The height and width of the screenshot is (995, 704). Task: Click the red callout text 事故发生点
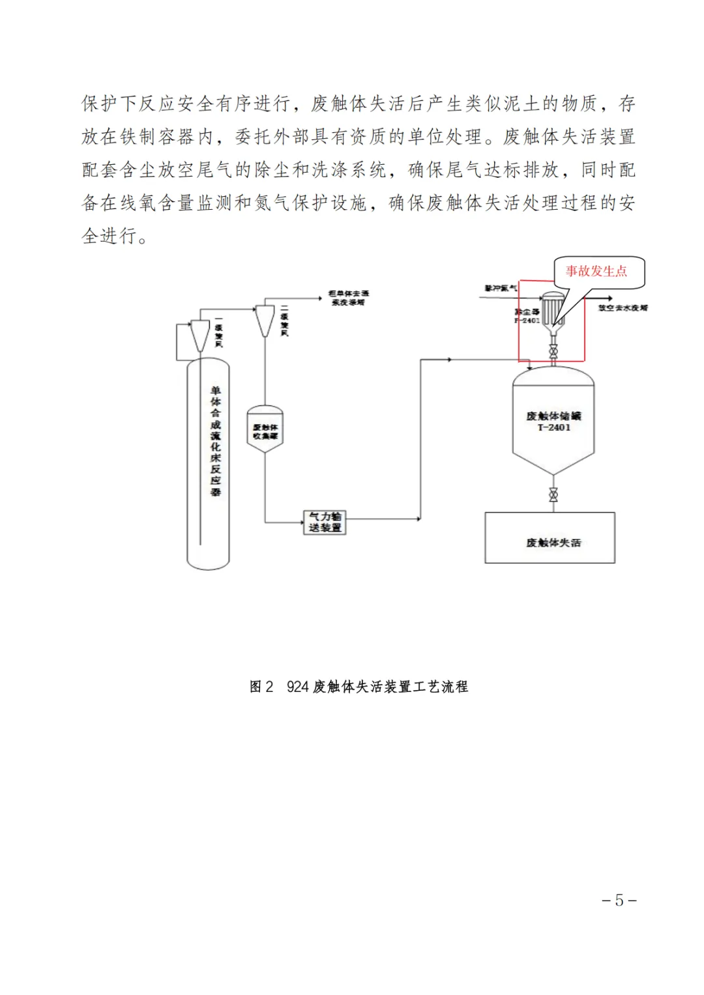pyautogui.click(x=596, y=271)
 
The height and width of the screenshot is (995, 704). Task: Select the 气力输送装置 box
pyautogui.click(x=325, y=522)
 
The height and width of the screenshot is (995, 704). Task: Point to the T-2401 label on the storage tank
pyautogui.click(x=553, y=427)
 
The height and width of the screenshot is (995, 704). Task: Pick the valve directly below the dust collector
pyautogui.click(x=553, y=352)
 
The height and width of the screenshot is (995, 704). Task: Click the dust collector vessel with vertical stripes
pyautogui.click(x=553, y=309)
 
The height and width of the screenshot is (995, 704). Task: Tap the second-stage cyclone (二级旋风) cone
pyautogui.click(x=265, y=320)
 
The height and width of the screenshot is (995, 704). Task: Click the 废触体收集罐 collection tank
pyautogui.click(x=265, y=430)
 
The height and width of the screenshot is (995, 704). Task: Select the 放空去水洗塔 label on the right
pyautogui.click(x=623, y=308)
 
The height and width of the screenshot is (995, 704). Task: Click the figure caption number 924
pyautogui.click(x=297, y=687)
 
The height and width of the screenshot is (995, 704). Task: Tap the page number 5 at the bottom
pyautogui.click(x=619, y=900)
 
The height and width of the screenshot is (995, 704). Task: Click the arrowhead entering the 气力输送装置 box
pyautogui.click(x=301, y=522)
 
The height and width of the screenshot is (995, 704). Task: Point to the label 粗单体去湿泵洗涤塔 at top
pyautogui.click(x=348, y=298)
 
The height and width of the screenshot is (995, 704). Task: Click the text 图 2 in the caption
pyautogui.click(x=261, y=687)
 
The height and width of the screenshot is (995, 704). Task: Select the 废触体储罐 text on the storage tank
pyautogui.click(x=553, y=416)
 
